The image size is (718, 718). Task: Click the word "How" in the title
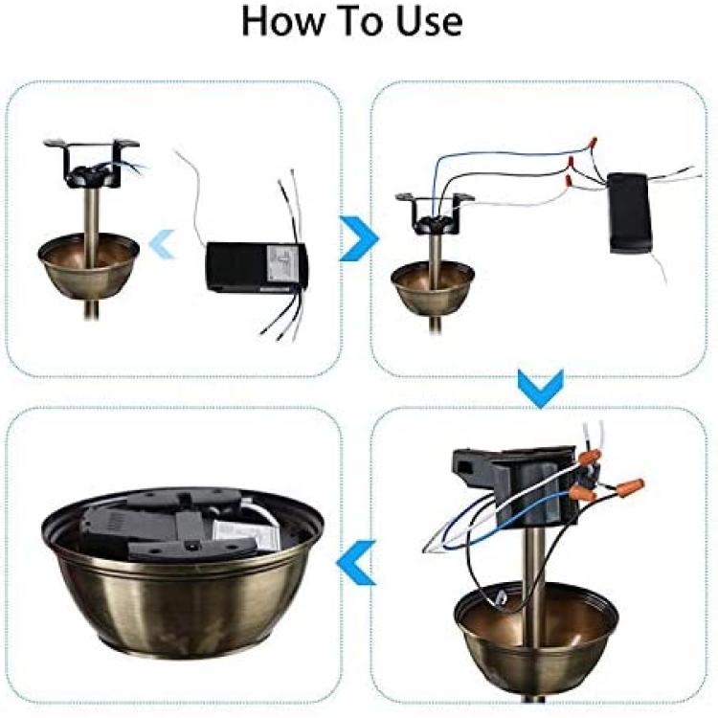282,21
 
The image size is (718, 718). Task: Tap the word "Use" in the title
429,21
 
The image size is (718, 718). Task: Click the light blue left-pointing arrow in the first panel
162,243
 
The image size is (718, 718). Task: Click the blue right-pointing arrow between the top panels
359,238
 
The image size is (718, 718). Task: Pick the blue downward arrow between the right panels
540,389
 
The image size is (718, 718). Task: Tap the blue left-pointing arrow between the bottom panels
356,562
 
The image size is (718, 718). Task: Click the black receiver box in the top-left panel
257,266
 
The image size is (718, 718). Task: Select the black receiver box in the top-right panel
629,213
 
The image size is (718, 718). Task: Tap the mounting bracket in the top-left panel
92,164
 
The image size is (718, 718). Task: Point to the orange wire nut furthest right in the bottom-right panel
630,486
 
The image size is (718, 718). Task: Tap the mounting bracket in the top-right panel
435,213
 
